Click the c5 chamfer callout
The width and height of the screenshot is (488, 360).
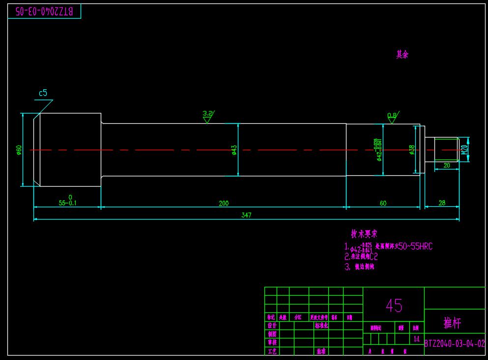(x=43, y=93)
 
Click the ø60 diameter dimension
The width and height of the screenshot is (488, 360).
(x=19, y=149)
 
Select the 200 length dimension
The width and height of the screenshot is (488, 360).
(x=224, y=203)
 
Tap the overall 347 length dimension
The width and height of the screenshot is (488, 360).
(x=246, y=215)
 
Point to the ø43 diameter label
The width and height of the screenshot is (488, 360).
(x=234, y=149)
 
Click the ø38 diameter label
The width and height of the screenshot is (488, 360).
(x=412, y=149)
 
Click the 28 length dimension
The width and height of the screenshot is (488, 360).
(x=442, y=202)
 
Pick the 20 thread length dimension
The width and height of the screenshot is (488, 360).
(x=447, y=166)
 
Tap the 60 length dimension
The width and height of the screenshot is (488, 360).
(x=383, y=203)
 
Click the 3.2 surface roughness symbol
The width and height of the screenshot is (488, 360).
(x=208, y=114)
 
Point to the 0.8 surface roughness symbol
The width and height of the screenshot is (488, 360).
(x=392, y=116)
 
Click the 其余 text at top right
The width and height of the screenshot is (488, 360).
(x=402, y=55)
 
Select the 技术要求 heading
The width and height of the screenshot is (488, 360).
(x=364, y=234)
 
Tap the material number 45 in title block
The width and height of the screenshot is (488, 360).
(x=394, y=305)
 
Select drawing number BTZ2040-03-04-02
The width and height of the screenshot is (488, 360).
(x=455, y=344)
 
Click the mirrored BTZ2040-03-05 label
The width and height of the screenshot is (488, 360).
(x=44, y=11)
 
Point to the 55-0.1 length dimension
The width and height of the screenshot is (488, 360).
(x=68, y=202)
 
